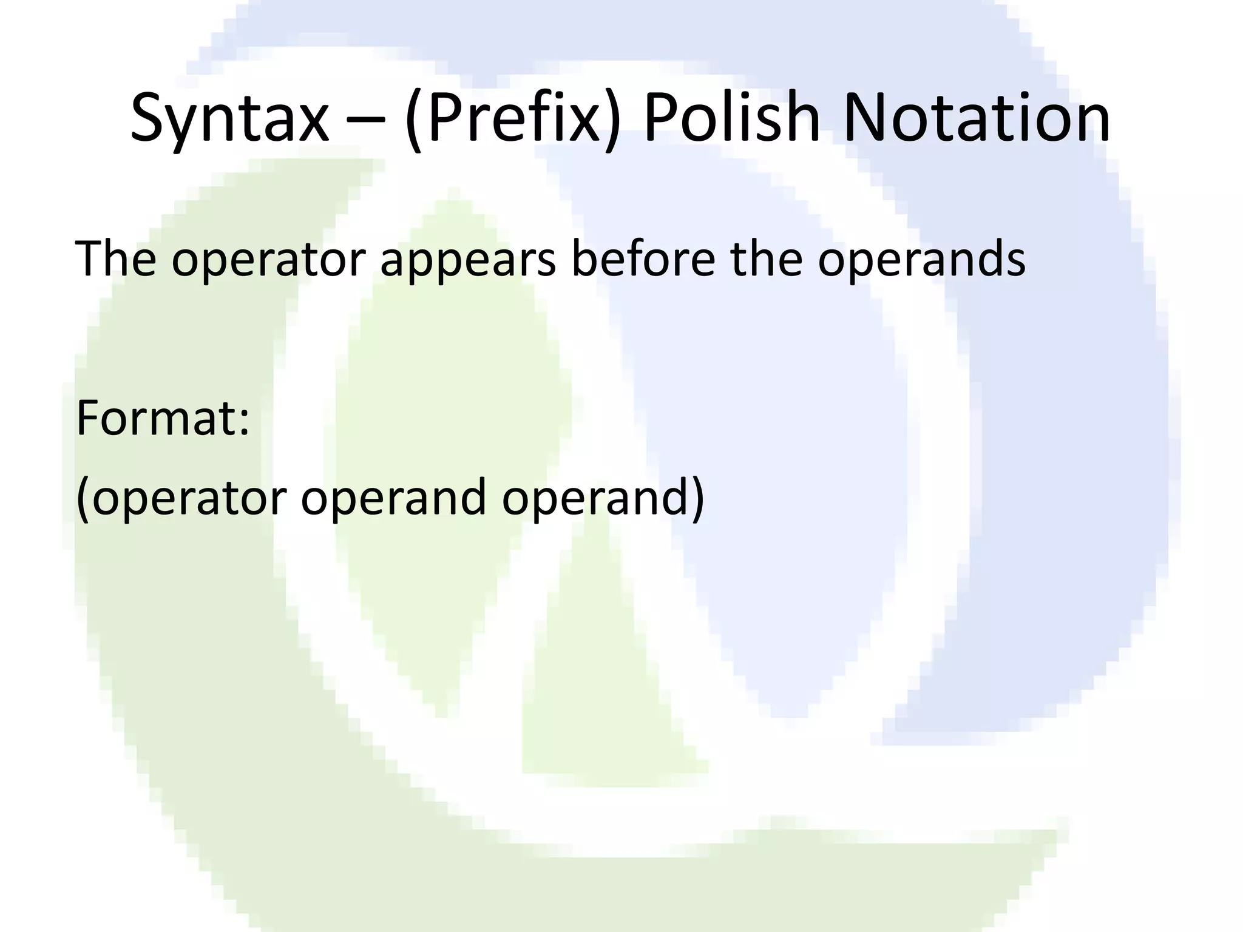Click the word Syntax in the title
229,118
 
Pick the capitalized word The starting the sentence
115,258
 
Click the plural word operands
921,260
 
